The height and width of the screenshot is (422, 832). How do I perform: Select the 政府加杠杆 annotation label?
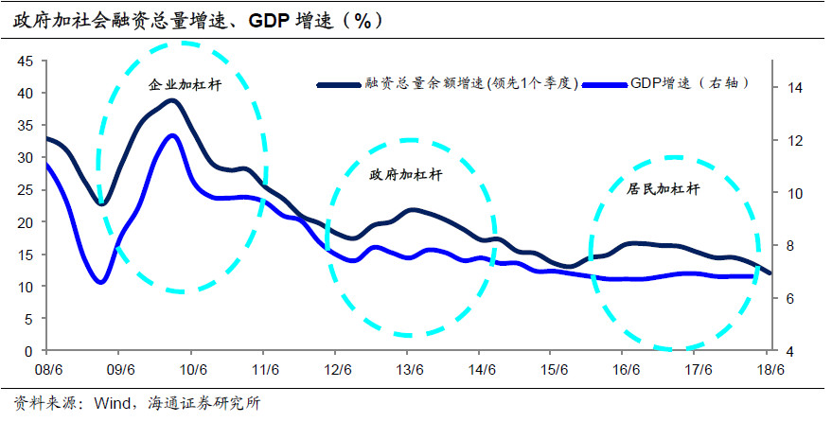407,174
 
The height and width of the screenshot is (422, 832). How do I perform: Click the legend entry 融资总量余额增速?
470,83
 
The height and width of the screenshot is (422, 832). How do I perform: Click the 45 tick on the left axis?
26,62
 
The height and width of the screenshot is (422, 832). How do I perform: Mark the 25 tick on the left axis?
26,190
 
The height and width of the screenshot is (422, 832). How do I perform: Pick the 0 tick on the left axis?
29,351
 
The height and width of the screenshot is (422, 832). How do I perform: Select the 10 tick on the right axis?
794,193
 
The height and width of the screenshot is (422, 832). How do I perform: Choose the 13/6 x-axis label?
409,370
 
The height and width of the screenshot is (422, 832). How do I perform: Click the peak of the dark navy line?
171,99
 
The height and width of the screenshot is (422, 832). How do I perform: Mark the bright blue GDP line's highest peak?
172,134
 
